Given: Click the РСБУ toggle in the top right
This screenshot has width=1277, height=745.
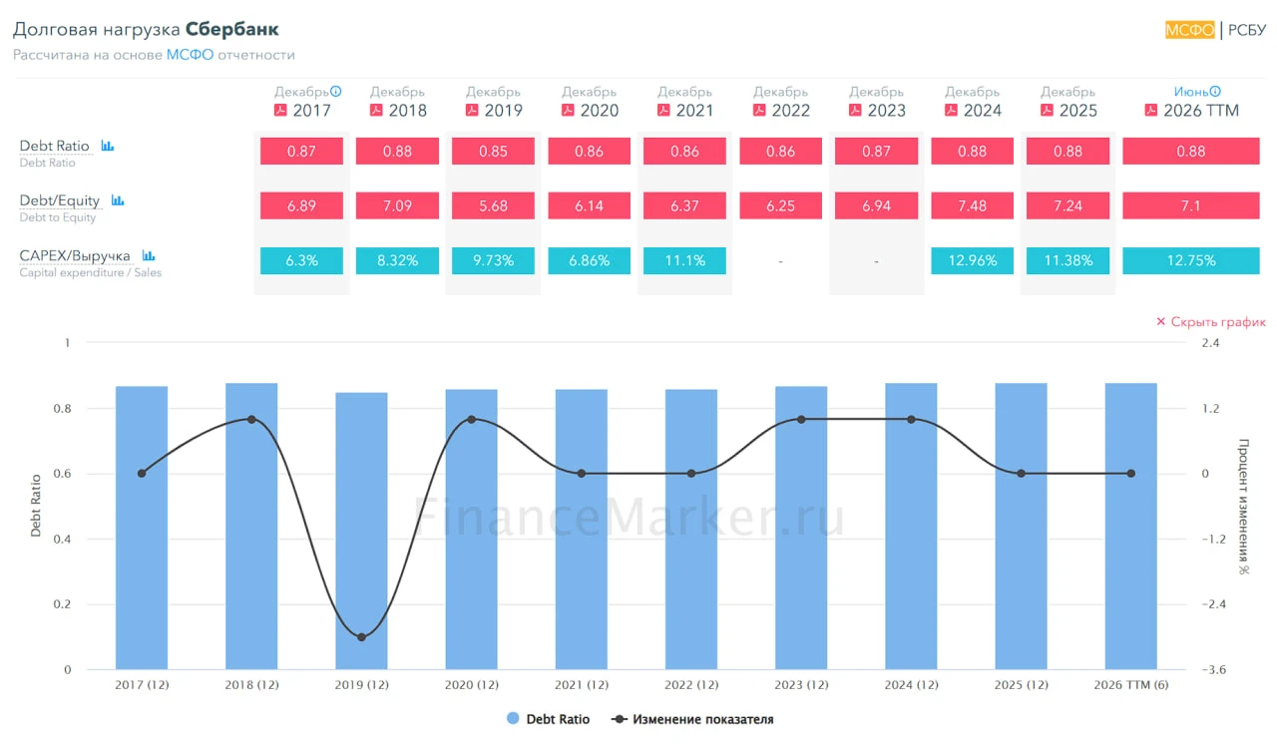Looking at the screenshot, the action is click(1247, 30).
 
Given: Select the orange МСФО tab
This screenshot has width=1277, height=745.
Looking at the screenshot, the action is click(1190, 30).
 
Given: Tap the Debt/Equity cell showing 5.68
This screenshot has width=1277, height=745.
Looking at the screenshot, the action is click(493, 205).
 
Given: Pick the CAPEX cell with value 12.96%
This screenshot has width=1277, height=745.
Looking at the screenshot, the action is click(972, 260).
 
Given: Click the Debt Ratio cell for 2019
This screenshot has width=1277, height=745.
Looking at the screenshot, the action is click(493, 151).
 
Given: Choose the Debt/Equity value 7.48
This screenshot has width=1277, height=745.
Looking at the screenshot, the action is click(972, 205).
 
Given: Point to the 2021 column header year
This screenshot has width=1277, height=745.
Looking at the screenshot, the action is click(694, 110).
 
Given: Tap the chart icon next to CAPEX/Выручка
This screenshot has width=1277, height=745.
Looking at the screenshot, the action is click(149, 255).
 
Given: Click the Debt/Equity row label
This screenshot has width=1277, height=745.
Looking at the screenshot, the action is click(59, 200).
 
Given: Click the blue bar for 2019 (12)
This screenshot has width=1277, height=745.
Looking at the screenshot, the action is click(361, 531).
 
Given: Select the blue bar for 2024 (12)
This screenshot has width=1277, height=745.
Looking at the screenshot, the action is click(911, 527).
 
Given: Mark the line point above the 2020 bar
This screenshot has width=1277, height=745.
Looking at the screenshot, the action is click(472, 420).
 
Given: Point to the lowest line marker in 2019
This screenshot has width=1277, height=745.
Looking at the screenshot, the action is click(361, 637).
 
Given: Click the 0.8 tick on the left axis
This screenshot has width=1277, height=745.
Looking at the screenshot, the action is click(62, 408).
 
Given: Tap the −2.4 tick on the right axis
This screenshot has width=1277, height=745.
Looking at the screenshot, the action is click(1214, 604).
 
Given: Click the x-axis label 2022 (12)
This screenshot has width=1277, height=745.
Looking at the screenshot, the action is click(691, 684).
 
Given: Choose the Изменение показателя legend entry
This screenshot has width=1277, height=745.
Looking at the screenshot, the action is click(692, 719).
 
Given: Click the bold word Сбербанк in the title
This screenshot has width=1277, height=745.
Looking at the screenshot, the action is click(232, 29).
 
